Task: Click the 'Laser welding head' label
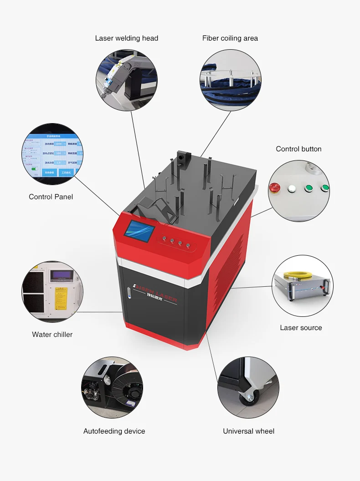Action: tap(126, 38)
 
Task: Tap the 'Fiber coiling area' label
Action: tap(230, 38)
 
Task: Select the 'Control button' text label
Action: tap(298, 149)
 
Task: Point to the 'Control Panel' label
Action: tap(51, 197)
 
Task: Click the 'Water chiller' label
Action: tap(52, 335)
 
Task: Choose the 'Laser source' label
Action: tap(301, 328)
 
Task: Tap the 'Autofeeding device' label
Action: tap(114, 431)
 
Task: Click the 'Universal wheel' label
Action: tap(248, 431)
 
